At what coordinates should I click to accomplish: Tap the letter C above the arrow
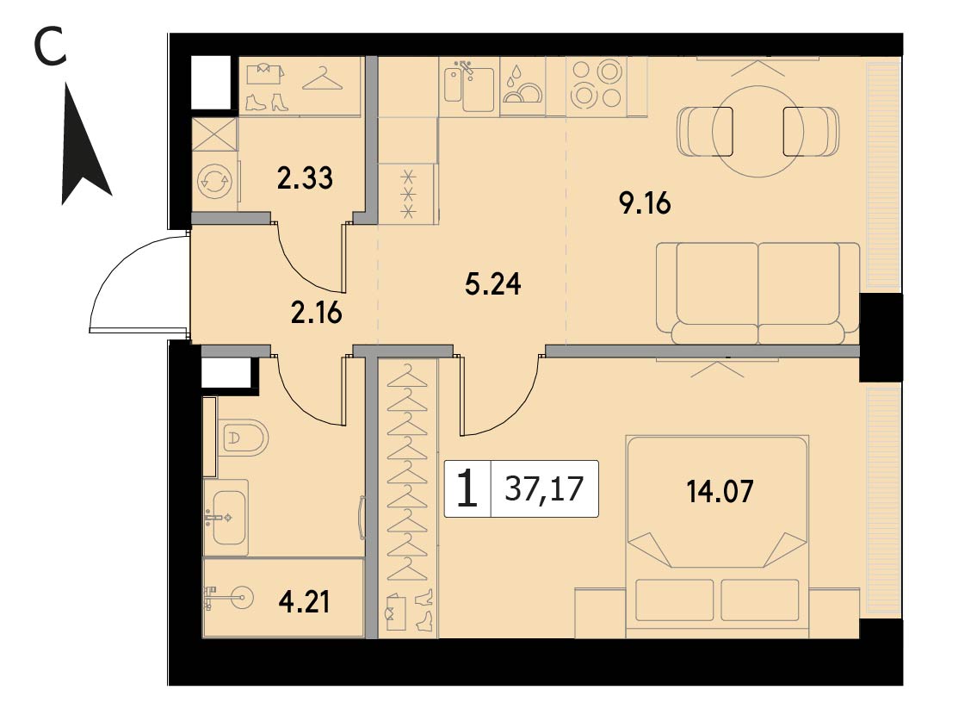point(50,47)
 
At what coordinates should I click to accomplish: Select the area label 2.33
point(305,178)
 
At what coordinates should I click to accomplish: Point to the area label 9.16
point(645,203)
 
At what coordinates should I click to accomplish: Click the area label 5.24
point(493,283)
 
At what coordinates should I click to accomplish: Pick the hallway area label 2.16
point(317,313)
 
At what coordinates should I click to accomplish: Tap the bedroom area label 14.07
point(720,491)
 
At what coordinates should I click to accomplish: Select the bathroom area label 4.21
point(305,602)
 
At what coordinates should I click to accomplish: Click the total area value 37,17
point(544,488)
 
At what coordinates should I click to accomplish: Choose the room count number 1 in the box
point(467,489)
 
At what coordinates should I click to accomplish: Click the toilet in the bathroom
point(243,438)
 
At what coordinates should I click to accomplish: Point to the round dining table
point(757,132)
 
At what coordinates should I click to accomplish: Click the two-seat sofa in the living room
point(757,293)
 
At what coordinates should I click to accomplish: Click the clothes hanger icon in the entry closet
point(323,79)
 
